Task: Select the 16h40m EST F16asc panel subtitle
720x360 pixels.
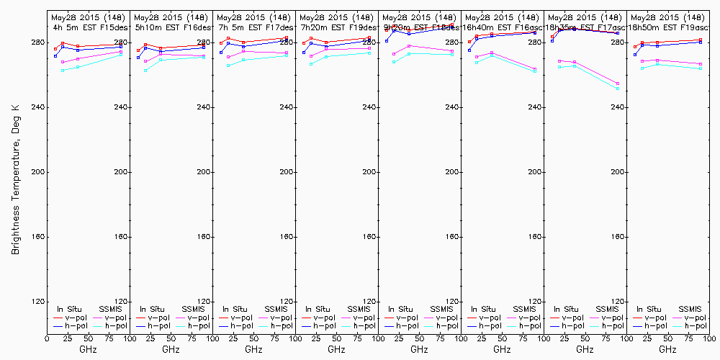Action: click(502, 27)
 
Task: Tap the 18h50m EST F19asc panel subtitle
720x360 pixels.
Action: click(667, 27)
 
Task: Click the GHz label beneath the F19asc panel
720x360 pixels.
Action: click(667, 349)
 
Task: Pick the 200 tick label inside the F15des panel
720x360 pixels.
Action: click(120, 173)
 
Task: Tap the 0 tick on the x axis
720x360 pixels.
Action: click(48, 338)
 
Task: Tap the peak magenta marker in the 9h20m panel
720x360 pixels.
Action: click(409, 46)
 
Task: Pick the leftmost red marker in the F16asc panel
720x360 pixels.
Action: click(469, 42)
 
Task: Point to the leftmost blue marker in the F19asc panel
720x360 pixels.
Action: click(635, 55)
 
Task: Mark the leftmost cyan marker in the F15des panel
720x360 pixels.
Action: click(63, 71)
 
